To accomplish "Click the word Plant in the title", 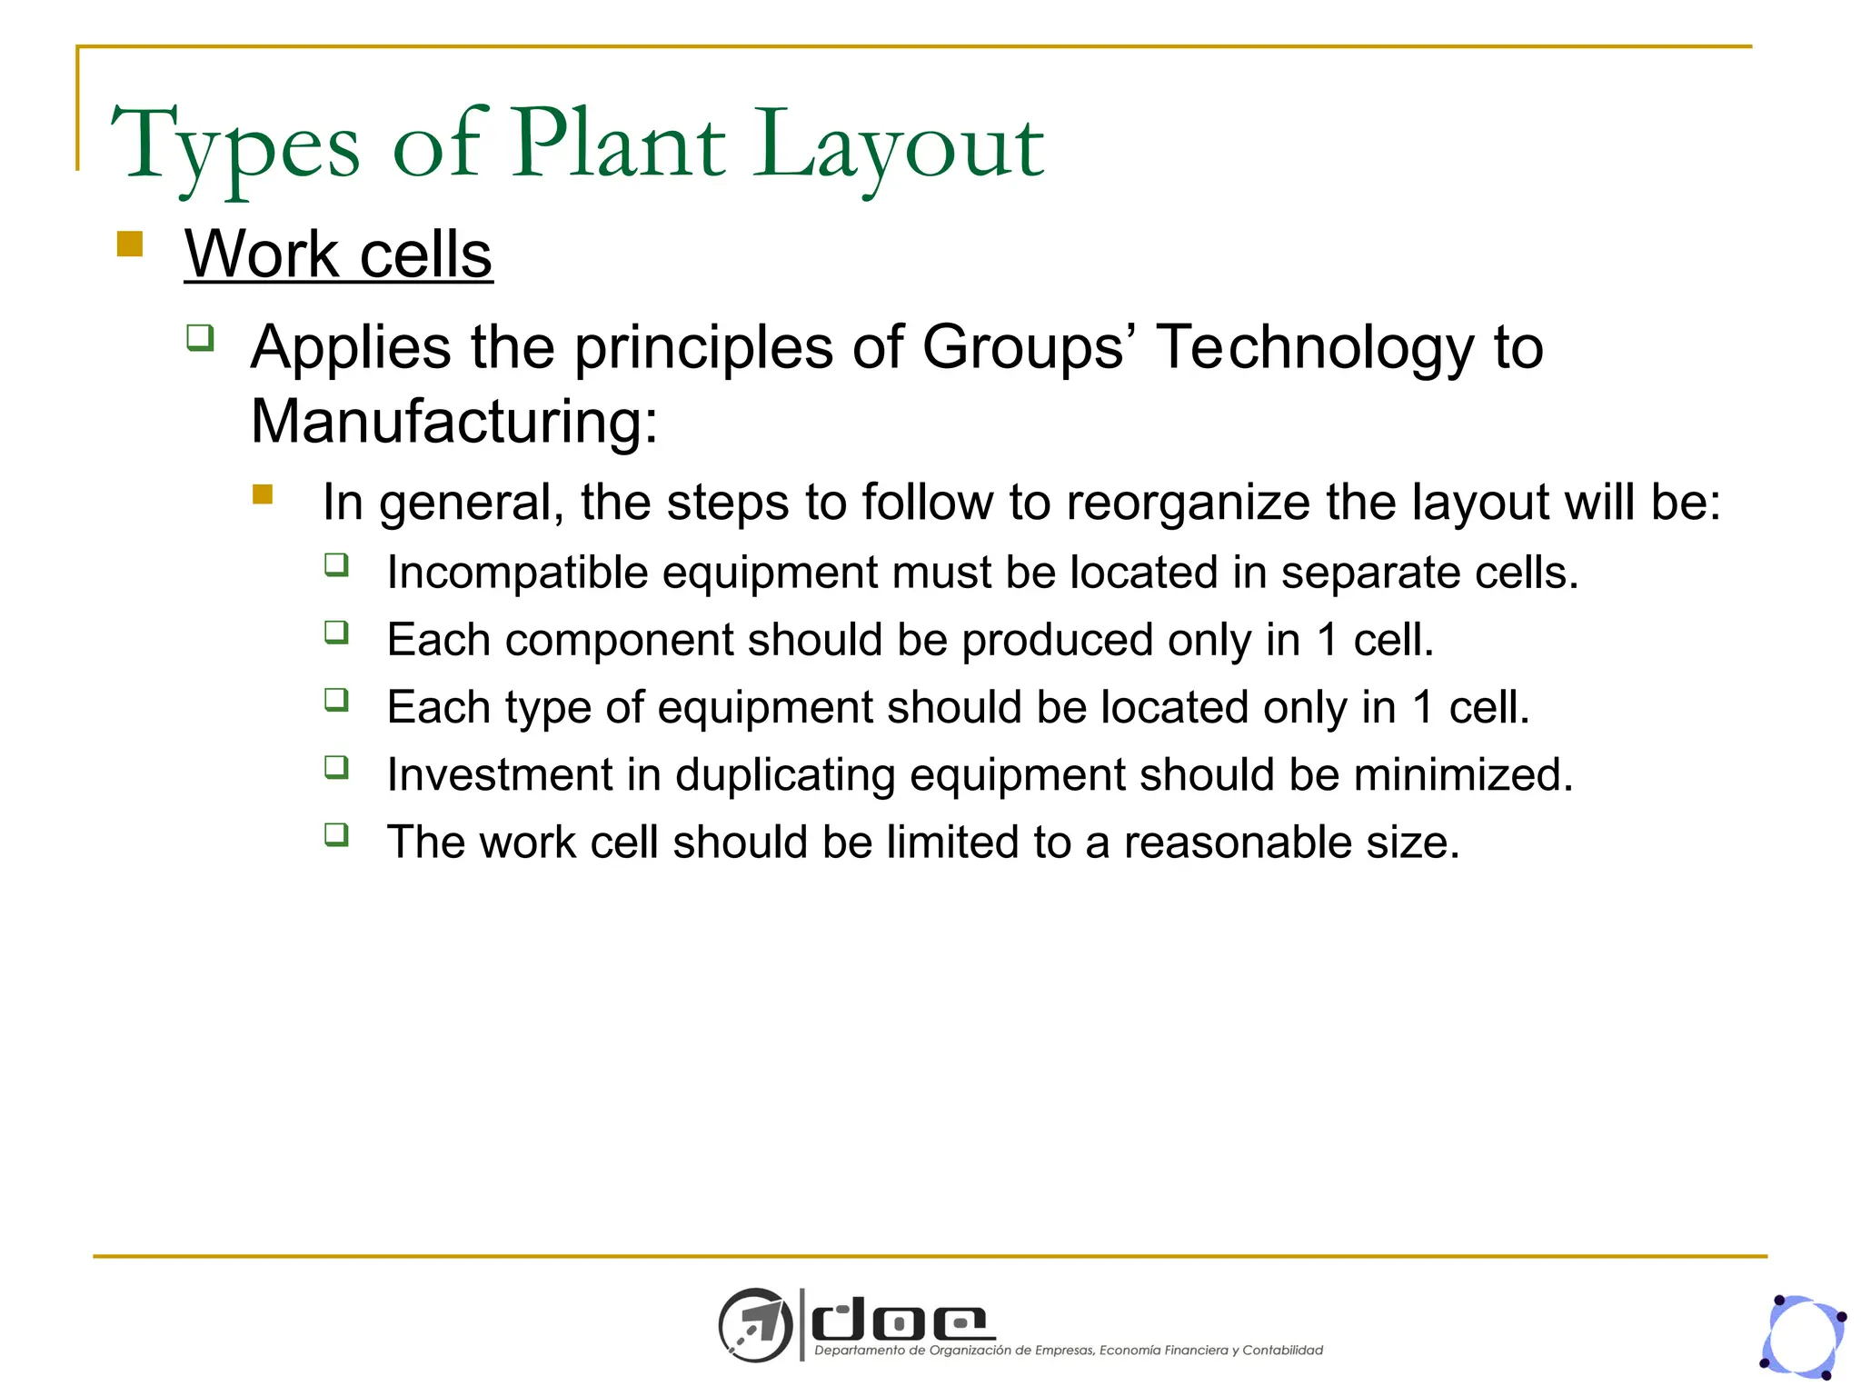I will coord(619,145).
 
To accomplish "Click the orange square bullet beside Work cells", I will coord(130,244).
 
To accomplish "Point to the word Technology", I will coord(1315,348).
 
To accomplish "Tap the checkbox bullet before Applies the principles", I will coord(200,338).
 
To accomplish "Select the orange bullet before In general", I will coord(263,494).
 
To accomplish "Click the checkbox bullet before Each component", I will coord(336,632).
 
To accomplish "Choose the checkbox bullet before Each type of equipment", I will coord(336,699).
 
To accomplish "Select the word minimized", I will coord(1463,775).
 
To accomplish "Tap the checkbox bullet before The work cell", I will coord(336,834).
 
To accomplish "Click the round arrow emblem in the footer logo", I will coord(755,1324).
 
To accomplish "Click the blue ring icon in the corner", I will coord(1804,1337).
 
